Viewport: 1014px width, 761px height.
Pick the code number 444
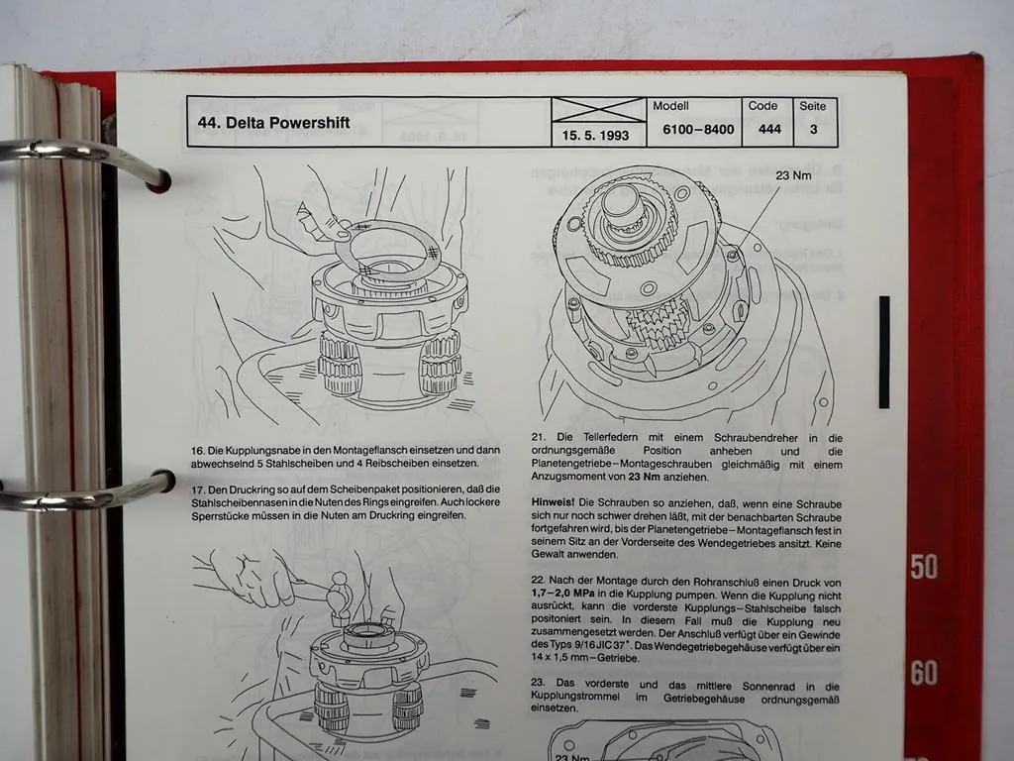pos(769,130)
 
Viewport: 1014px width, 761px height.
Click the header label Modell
pos(670,105)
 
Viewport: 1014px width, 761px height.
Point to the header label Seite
pos(814,106)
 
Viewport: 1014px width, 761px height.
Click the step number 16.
pos(199,452)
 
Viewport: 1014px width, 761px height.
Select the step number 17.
pos(199,489)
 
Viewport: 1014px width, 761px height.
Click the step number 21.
pos(539,437)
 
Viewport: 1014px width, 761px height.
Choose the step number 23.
pos(539,685)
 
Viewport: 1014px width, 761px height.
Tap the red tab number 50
pos(923,567)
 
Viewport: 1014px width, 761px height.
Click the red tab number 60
pos(923,674)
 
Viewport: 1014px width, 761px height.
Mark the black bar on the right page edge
pos(883,352)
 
